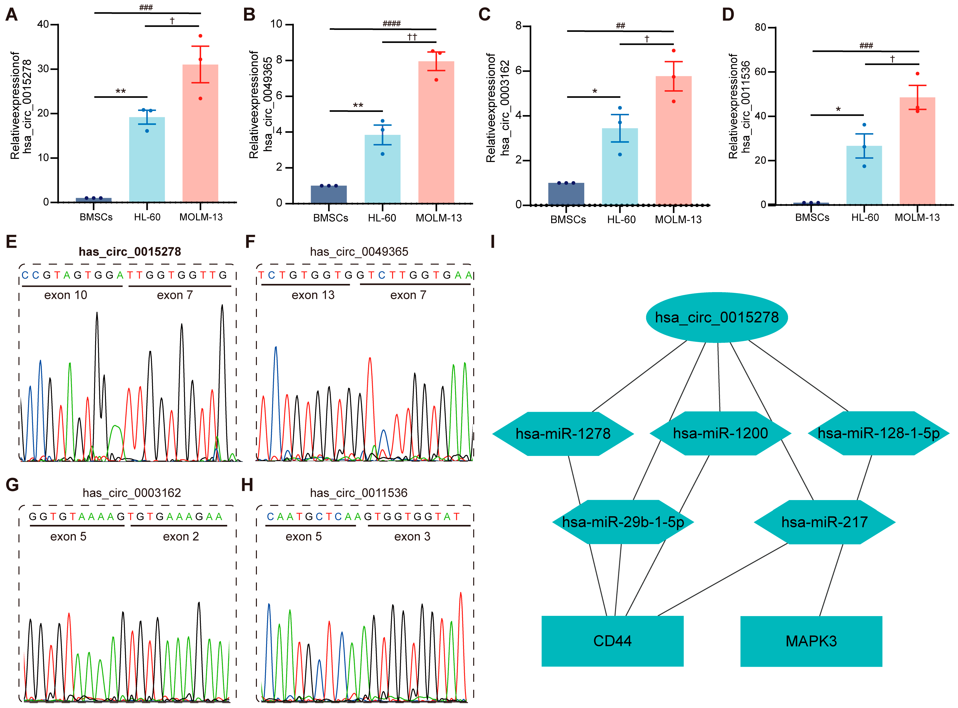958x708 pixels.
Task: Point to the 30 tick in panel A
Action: [x=43, y=69]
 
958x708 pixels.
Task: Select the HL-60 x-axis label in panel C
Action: [x=621, y=220]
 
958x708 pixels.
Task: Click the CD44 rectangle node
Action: [x=612, y=641]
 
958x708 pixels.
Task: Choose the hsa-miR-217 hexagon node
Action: [x=824, y=522]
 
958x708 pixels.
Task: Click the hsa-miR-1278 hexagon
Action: [x=563, y=434]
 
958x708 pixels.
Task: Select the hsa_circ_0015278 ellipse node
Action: [x=717, y=317]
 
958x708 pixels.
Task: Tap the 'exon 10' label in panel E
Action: [x=66, y=295]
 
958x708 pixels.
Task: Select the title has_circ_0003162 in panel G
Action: [x=132, y=493]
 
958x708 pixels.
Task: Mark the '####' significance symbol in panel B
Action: [x=392, y=24]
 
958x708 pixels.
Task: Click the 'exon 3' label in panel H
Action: [x=412, y=536]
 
